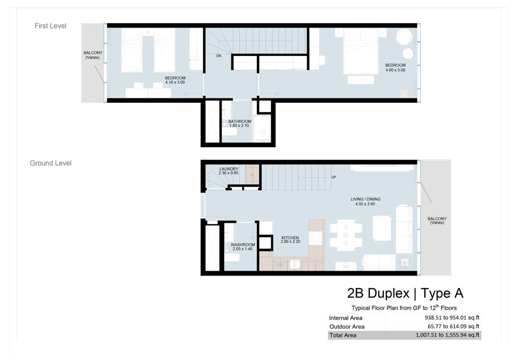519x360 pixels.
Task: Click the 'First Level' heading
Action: point(50,26)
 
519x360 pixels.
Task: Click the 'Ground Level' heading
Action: point(50,163)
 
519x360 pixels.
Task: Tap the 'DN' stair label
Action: point(219,56)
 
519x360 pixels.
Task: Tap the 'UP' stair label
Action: point(333,177)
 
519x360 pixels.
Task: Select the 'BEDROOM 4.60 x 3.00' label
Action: point(395,67)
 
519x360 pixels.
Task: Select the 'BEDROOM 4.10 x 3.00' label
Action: point(175,80)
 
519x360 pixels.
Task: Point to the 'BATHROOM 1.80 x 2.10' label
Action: point(240,123)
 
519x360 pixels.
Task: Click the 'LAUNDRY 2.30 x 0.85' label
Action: point(229,171)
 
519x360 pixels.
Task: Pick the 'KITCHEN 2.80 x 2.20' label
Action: point(290,240)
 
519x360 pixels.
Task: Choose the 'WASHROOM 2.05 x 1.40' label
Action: point(242,247)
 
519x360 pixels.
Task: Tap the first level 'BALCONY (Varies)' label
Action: point(93,55)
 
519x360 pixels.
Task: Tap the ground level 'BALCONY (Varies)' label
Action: point(437,221)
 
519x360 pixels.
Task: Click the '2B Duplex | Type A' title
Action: point(405,293)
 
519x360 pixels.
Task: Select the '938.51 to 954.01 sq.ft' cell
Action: point(452,317)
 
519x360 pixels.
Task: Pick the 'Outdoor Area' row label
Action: point(347,326)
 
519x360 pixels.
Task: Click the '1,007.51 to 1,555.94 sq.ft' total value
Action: point(447,335)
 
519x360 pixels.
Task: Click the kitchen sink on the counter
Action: point(295,264)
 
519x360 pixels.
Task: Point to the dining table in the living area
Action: point(346,235)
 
